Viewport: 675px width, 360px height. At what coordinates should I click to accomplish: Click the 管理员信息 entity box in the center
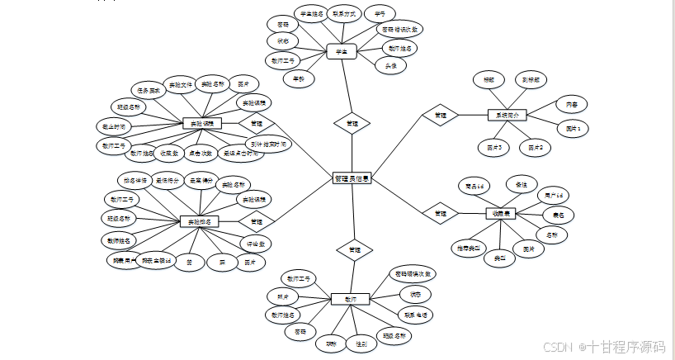pos(352,178)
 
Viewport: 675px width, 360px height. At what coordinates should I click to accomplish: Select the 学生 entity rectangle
pos(340,51)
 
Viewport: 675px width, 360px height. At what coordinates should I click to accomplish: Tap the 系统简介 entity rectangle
pos(507,115)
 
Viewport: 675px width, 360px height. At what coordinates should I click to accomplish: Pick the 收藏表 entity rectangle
pos(503,214)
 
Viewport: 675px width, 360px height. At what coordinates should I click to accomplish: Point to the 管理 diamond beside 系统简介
pos(440,115)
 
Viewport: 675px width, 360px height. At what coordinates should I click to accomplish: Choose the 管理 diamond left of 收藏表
pos(440,213)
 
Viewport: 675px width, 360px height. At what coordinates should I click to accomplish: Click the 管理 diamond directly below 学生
pos(352,124)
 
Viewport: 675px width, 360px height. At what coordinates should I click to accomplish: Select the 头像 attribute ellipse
pos(390,64)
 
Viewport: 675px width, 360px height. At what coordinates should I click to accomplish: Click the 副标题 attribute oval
pos(534,80)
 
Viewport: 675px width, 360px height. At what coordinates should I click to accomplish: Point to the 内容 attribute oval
pos(571,104)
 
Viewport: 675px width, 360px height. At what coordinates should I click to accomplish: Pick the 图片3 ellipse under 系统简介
pos(495,147)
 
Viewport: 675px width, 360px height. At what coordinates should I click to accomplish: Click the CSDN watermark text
pos(560,348)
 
